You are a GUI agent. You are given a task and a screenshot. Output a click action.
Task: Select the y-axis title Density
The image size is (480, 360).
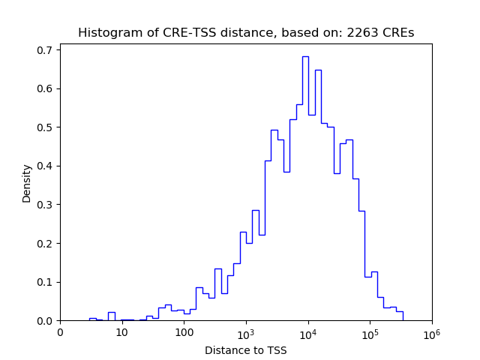tap(27, 183)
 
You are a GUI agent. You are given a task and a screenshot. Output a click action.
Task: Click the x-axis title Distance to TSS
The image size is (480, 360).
tap(245, 350)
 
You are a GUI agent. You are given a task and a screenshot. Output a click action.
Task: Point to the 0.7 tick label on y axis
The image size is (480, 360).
tap(45, 50)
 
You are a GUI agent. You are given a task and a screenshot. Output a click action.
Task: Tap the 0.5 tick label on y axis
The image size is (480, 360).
tap(45, 127)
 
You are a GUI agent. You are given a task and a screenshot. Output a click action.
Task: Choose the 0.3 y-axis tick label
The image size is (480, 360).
tap(45, 205)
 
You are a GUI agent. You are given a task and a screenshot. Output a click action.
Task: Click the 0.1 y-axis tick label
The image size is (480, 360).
tap(45, 282)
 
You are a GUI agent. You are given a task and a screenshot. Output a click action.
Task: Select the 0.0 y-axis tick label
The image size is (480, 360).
tap(45, 321)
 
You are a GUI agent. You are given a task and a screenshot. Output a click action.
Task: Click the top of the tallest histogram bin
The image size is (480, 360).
tap(305, 56)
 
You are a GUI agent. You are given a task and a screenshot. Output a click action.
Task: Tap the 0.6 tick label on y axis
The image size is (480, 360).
tap(45, 88)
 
